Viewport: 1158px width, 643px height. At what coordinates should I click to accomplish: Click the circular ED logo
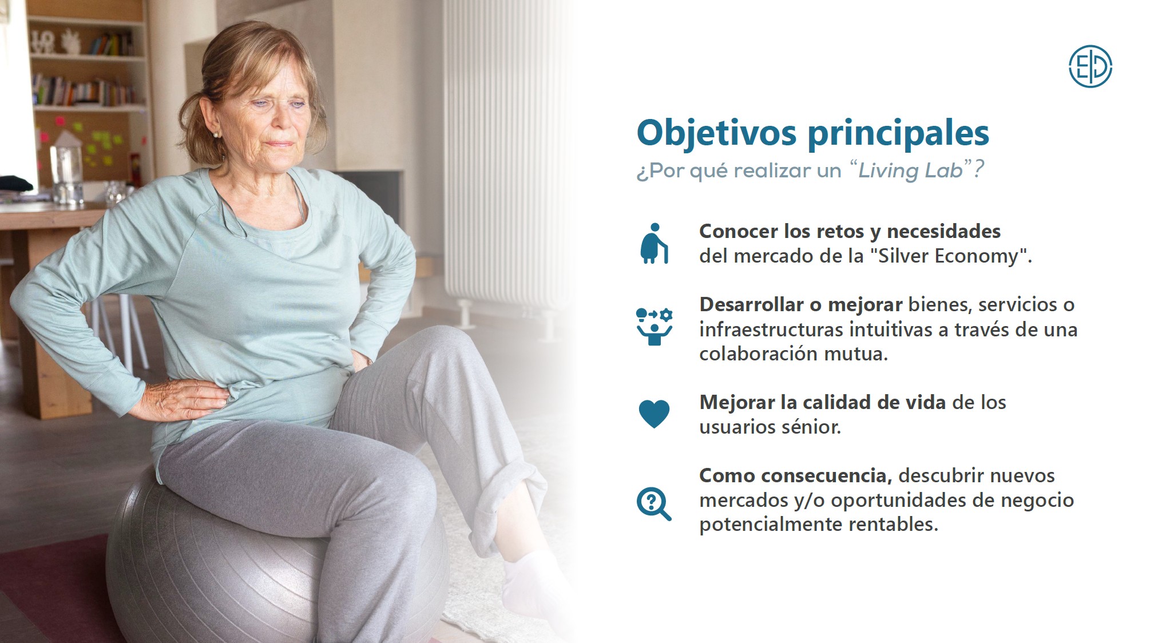pyautogui.click(x=1090, y=66)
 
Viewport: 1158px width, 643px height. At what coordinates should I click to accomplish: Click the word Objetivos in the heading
pyautogui.click(x=716, y=133)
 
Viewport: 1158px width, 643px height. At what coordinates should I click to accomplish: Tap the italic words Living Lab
pyautogui.click(x=910, y=170)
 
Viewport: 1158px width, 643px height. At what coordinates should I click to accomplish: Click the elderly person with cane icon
pyautogui.click(x=654, y=244)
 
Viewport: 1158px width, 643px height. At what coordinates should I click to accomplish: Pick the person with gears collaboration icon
pyautogui.click(x=655, y=327)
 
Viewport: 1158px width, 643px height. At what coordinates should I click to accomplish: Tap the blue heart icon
pyautogui.click(x=654, y=414)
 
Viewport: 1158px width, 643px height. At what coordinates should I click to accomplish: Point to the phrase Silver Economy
pyautogui.click(x=949, y=256)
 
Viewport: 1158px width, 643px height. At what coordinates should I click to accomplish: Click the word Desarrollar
pyautogui.click(x=751, y=304)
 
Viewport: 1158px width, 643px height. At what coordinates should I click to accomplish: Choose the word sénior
pyautogui.click(x=814, y=427)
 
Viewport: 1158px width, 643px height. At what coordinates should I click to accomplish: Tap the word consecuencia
pyautogui.click(x=827, y=476)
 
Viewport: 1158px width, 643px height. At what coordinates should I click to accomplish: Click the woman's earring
pyautogui.click(x=216, y=135)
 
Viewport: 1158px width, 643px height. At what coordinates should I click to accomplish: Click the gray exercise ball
pyautogui.click(x=275, y=561)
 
